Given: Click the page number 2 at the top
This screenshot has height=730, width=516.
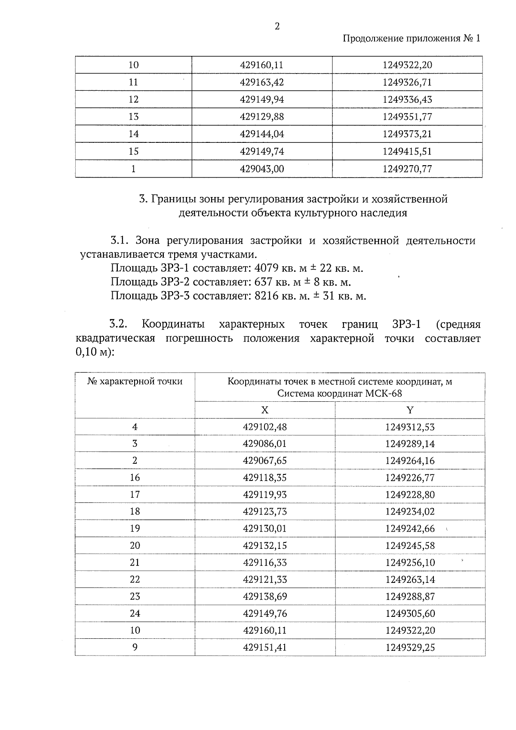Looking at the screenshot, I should pyautogui.click(x=277, y=27).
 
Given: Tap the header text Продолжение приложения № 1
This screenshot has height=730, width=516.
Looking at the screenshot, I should pyautogui.click(x=412, y=38).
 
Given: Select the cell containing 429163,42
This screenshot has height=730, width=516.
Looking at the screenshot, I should pyautogui.click(x=262, y=82).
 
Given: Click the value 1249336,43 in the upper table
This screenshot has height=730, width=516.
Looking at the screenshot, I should pyautogui.click(x=407, y=99).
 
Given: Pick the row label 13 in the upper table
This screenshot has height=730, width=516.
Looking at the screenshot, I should pyautogui.click(x=134, y=117).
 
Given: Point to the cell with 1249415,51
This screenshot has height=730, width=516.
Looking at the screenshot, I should pyautogui.click(x=407, y=151).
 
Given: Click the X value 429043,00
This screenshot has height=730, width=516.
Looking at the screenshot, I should pyautogui.click(x=262, y=169).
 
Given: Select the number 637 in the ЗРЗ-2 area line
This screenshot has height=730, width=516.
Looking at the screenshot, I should pyautogui.click(x=264, y=282).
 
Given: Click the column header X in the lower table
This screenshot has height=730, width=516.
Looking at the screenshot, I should pyautogui.click(x=265, y=410).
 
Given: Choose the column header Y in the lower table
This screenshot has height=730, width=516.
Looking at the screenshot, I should pyautogui.click(x=410, y=410).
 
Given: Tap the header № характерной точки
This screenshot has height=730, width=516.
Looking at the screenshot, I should pyautogui.click(x=135, y=382).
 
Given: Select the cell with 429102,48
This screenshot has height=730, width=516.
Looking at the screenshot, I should pyautogui.click(x=265, y=427).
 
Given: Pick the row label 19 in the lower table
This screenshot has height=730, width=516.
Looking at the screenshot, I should pyautogui.click(x=135, y=528).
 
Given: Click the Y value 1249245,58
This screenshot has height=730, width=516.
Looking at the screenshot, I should pyautogui.click(x=410, y=545).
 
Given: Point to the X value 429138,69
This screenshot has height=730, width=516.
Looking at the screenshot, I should pyautogui.click(x=265, y=596).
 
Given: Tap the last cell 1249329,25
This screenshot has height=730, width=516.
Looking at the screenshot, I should pyautogui.click(x=410, y=647).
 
